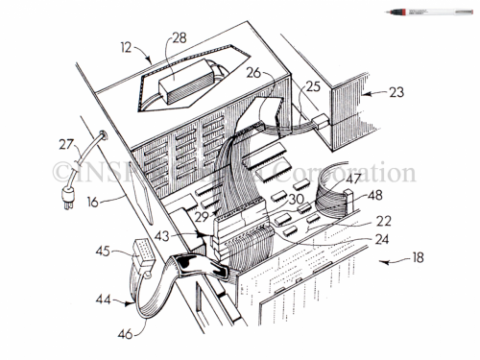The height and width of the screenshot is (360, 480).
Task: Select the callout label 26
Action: click(x=254, y=70)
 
